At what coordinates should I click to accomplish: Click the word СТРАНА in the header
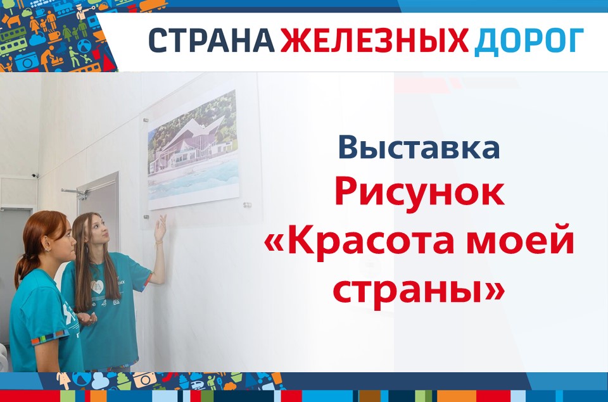[212, 41]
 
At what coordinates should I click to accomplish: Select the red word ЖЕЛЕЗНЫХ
[374, 41]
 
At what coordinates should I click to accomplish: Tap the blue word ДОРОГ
[529, 41]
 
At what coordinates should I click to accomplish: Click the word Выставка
[419, 147]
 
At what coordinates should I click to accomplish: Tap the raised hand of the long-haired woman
[160, 229]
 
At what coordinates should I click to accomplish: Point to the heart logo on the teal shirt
[96, 287]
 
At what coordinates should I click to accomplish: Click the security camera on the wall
[35, 175]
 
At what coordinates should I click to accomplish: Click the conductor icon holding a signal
[84, 12]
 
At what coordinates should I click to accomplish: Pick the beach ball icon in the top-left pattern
[84, 46]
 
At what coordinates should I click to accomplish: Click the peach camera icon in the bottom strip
[144, 379]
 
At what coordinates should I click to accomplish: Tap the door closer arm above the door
[74, 192]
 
